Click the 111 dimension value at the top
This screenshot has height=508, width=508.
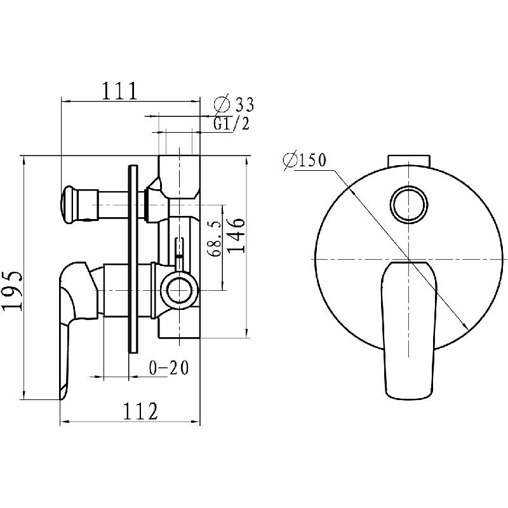pos(120,91)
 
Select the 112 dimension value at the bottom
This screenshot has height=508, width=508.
pos(140,411)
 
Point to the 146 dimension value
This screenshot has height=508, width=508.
pos(236,235)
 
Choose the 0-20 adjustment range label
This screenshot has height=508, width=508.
pos(169,368)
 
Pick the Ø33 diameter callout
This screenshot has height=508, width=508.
pos(234,104)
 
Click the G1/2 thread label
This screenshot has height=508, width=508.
pos(232,123)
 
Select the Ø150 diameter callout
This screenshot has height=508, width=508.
pos(304,161)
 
